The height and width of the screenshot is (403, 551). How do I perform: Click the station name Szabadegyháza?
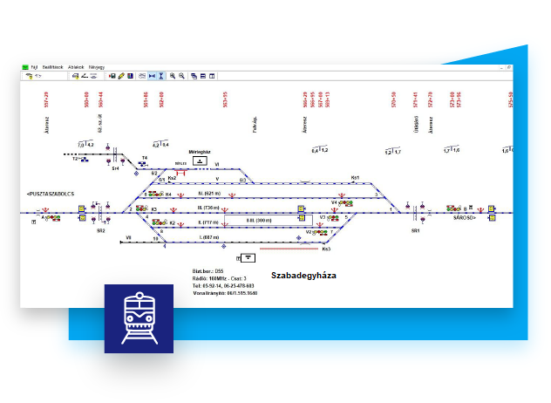[x=303, y=275]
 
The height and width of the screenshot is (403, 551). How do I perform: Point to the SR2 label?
[x=101, y=231]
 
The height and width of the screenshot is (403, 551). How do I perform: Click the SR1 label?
[x=416, y=230]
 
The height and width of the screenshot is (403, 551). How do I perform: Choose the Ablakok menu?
[x=76, y=66]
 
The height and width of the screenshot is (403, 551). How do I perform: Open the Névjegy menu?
[x=97, y=66]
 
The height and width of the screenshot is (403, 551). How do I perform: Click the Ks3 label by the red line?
[x=326, y=249]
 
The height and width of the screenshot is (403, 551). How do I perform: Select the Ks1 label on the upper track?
[x=355, y=178]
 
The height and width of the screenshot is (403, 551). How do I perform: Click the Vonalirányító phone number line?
[x=224, y=292]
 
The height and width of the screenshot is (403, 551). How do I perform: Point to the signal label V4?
[x=334, y=201]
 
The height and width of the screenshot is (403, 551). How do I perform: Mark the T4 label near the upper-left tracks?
[x=145, y=158]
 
